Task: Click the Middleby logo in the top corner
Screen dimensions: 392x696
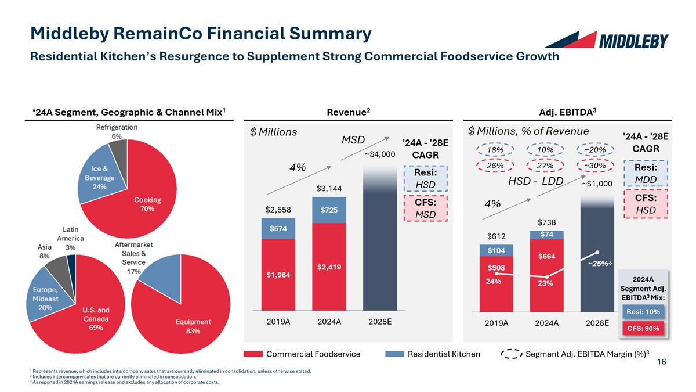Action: click(x=607, y=40)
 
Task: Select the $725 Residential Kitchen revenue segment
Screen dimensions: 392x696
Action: click(x=329, y=210)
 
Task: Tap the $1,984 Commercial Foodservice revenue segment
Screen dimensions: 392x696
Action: click(x=279, y=275)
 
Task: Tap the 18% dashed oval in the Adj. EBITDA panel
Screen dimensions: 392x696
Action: click(x=495, y=150)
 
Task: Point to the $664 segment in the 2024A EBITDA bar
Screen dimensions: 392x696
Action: click(x=546, y=256)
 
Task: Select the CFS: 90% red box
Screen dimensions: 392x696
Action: click(x=643, y=329)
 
